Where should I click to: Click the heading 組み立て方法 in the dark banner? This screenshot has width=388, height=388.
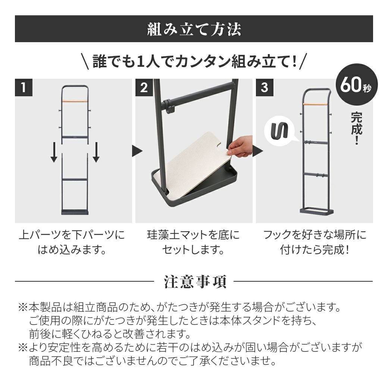click(194, 29)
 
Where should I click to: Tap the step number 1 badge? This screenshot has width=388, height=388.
click(24, 87)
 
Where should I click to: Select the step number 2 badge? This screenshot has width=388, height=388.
click(144, 87)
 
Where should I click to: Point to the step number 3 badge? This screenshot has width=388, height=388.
click(265, 87)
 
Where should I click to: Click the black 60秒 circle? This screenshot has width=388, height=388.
click(357, 85)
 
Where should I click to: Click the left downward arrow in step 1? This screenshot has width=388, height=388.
click(54, 152)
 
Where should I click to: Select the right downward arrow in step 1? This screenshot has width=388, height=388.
click(96, 152)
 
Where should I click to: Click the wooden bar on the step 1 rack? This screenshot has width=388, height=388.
click(75, 101)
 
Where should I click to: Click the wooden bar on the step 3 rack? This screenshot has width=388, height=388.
click(315, 104)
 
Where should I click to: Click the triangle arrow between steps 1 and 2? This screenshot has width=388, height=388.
click(137, 151)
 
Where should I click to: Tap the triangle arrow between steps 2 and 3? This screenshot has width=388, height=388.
click(258, 151)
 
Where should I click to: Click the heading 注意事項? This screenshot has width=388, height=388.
click(195, 282)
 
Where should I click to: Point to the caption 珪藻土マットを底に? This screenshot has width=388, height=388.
click(193, 235)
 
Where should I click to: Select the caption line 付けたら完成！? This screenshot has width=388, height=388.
click(315, 250)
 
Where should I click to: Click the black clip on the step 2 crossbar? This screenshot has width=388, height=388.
click(168, 106)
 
